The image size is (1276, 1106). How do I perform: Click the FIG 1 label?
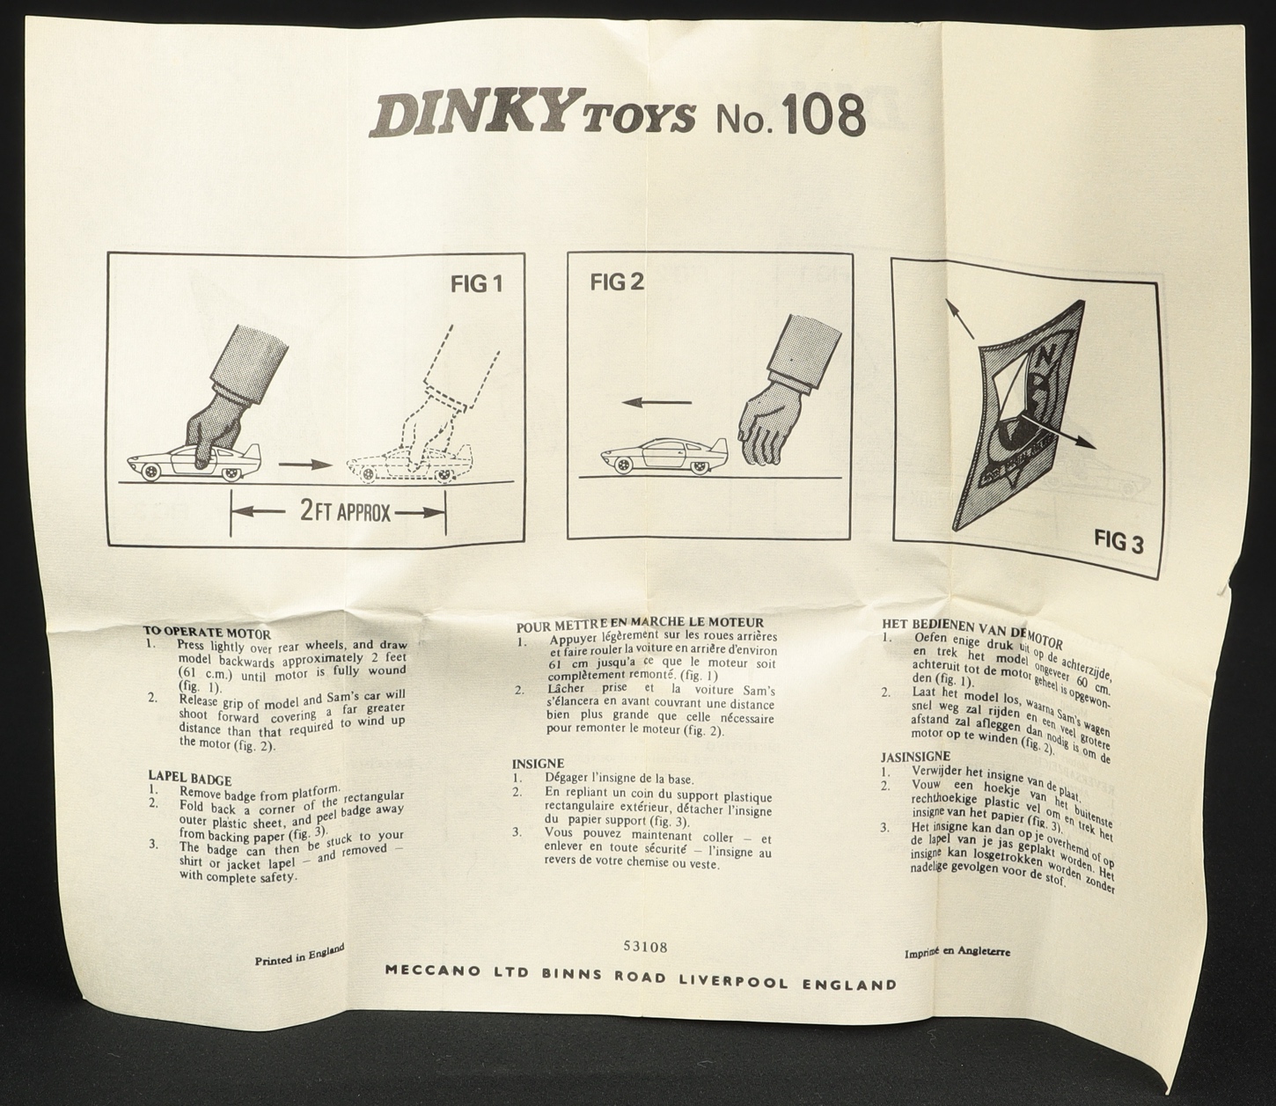click(x=476, y=284)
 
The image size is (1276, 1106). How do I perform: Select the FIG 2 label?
click(x=617, y=282)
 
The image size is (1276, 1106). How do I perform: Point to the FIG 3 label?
click(x=1118, y=541)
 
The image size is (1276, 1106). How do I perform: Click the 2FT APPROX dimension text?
click(x=345, y=513)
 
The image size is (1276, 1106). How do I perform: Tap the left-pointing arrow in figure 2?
click(x=656, y=402)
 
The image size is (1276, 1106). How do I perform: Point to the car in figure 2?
click(x=664, y=458)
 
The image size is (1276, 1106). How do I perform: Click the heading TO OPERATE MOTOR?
click(x=206, y=632)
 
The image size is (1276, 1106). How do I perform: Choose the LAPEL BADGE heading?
click(x=190, y=780)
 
